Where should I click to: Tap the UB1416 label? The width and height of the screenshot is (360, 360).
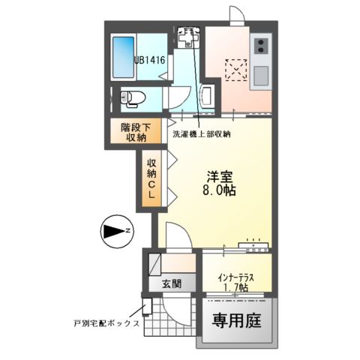tap(150, 58)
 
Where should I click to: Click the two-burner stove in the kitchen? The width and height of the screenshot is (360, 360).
tap(262, 50)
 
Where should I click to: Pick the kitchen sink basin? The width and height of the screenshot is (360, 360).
tap(262, 75)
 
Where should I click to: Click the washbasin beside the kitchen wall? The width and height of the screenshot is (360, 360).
tap(208, 95)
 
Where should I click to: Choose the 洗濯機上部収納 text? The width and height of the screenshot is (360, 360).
tap(202, 134)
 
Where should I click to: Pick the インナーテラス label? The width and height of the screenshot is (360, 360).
tap(237, 277)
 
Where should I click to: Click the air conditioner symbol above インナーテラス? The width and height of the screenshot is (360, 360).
tap(255, 244)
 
